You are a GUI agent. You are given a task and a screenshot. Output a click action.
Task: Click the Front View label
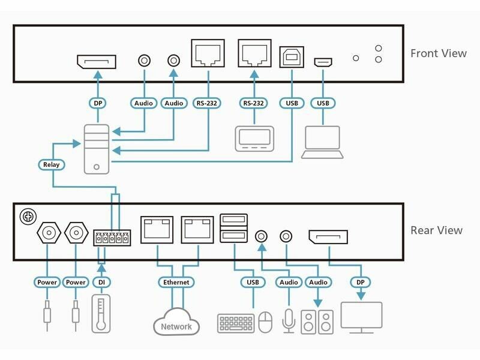tap(438, 53)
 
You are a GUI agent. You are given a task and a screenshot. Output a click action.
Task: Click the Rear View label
tap(436, 230)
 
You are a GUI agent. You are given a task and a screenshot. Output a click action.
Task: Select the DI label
tap(100, 282)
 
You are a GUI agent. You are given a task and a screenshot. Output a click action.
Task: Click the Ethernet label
tap(176, 282)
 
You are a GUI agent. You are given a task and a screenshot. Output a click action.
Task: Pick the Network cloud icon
tap(176, 324)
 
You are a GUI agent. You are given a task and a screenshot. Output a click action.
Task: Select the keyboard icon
tap(236, 322)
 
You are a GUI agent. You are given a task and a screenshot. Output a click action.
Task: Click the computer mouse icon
tap(266, 322)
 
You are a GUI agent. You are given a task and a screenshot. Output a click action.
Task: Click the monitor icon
tap(361, 316)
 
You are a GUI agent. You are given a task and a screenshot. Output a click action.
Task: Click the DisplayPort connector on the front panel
tap(97, 61)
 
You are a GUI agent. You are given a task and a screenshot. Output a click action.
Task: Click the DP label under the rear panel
tap(361, 282)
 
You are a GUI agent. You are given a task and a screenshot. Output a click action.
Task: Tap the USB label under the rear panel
tap(252, 282)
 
